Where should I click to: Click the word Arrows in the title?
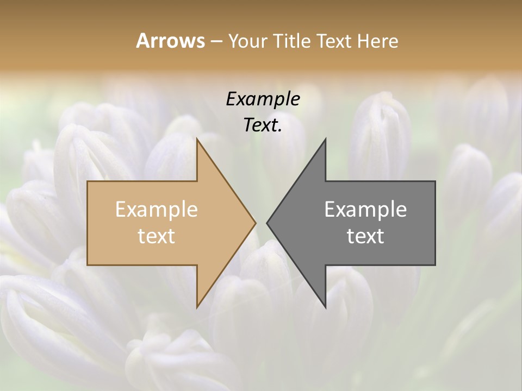(170, 41)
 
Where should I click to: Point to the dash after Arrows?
(216, 42)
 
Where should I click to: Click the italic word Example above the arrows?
(263, 99)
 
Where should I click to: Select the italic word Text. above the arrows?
(263, 125)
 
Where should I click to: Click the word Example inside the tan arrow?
(157, 210)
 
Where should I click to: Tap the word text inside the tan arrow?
(157, 236)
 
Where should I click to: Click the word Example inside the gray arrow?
(365, 210)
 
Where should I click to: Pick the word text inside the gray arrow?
(365, 236)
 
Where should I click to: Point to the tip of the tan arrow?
(256, 223)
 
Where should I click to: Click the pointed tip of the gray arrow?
(267, 223)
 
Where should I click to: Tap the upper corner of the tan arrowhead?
(197, 138)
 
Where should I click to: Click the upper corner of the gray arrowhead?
(325, 138)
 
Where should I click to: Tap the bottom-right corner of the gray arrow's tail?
(435, 264)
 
